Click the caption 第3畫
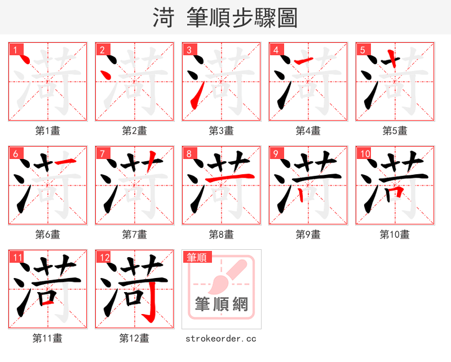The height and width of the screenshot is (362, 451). (221, 131)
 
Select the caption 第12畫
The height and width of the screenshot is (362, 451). (134, 338)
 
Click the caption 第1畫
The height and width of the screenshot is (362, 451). (48, 131)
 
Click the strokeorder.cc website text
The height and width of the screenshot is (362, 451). (221, 339)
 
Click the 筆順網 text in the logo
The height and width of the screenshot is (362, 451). (221, 304)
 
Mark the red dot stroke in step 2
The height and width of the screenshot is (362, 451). (104, 73)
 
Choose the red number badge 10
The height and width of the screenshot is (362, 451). (365, 153)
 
